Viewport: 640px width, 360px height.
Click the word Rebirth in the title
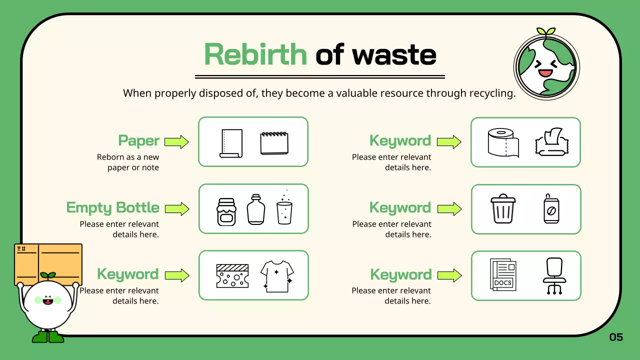[255, 54]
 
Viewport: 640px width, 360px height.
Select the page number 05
[616, 337]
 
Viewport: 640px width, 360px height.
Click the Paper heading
[138, 140]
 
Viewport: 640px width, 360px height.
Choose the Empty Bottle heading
[112, 207]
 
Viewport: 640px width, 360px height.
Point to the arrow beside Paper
[176, 141]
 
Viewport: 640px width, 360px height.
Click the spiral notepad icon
[274, 143]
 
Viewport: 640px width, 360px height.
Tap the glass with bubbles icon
[284, 210]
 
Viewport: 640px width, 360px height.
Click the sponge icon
[231, 276]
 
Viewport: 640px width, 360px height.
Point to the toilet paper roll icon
[503, 143]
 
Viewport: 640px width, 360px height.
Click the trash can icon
[502, 209]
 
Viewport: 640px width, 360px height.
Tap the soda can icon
[551, 209]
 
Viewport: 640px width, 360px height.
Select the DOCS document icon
[503, 275]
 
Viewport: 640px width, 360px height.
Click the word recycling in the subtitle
[491, 93]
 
